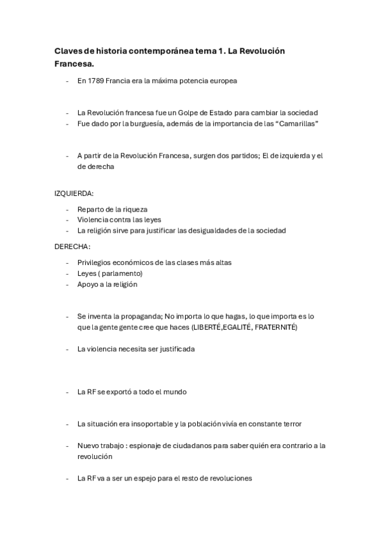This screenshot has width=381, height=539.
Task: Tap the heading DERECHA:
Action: [x=73, y=246]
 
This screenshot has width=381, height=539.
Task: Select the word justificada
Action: [x=172, y=349]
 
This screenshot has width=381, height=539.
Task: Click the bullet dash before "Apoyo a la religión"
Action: [x=68, y=284]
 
